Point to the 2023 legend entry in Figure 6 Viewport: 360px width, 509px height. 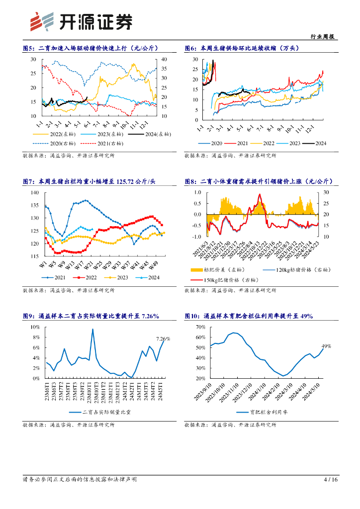point(293,144)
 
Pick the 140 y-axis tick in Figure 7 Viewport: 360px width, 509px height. point(34,192)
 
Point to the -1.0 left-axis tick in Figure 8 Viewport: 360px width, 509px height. point(197,237)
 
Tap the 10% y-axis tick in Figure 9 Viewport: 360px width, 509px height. point(35,327)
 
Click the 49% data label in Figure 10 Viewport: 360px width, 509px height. point(326,346)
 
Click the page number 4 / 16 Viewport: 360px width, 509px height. point(331,480)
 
